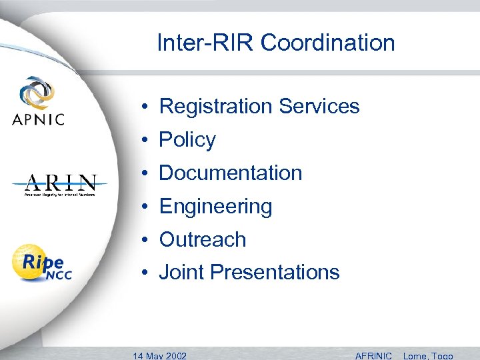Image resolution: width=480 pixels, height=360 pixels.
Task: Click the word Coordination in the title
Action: (x=327, y=43)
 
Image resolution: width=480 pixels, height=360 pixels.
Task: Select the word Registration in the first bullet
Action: (x=216, y=107)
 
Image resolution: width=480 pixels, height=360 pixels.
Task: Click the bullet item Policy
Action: (x=187, y=140)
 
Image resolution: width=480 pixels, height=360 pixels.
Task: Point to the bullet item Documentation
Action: (x=230, y=173)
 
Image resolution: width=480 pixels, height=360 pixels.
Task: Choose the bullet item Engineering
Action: (x=215, y=207)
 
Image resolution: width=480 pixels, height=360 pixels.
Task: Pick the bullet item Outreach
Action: (x=203, y=239)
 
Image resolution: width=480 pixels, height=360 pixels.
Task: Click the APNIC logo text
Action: (x=38, y=120)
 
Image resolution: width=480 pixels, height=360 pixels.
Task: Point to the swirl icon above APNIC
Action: (x=38, y=94)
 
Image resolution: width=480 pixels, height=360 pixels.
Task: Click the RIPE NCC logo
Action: (x=42, y=263)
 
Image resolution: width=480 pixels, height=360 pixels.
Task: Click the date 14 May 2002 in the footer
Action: (x=160, y=355)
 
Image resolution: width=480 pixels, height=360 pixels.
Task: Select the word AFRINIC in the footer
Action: (x=373, y=355)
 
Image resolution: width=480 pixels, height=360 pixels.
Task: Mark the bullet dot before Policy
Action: (x=144, y=141)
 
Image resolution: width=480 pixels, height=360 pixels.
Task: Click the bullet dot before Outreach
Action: (x=144, y=240)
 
